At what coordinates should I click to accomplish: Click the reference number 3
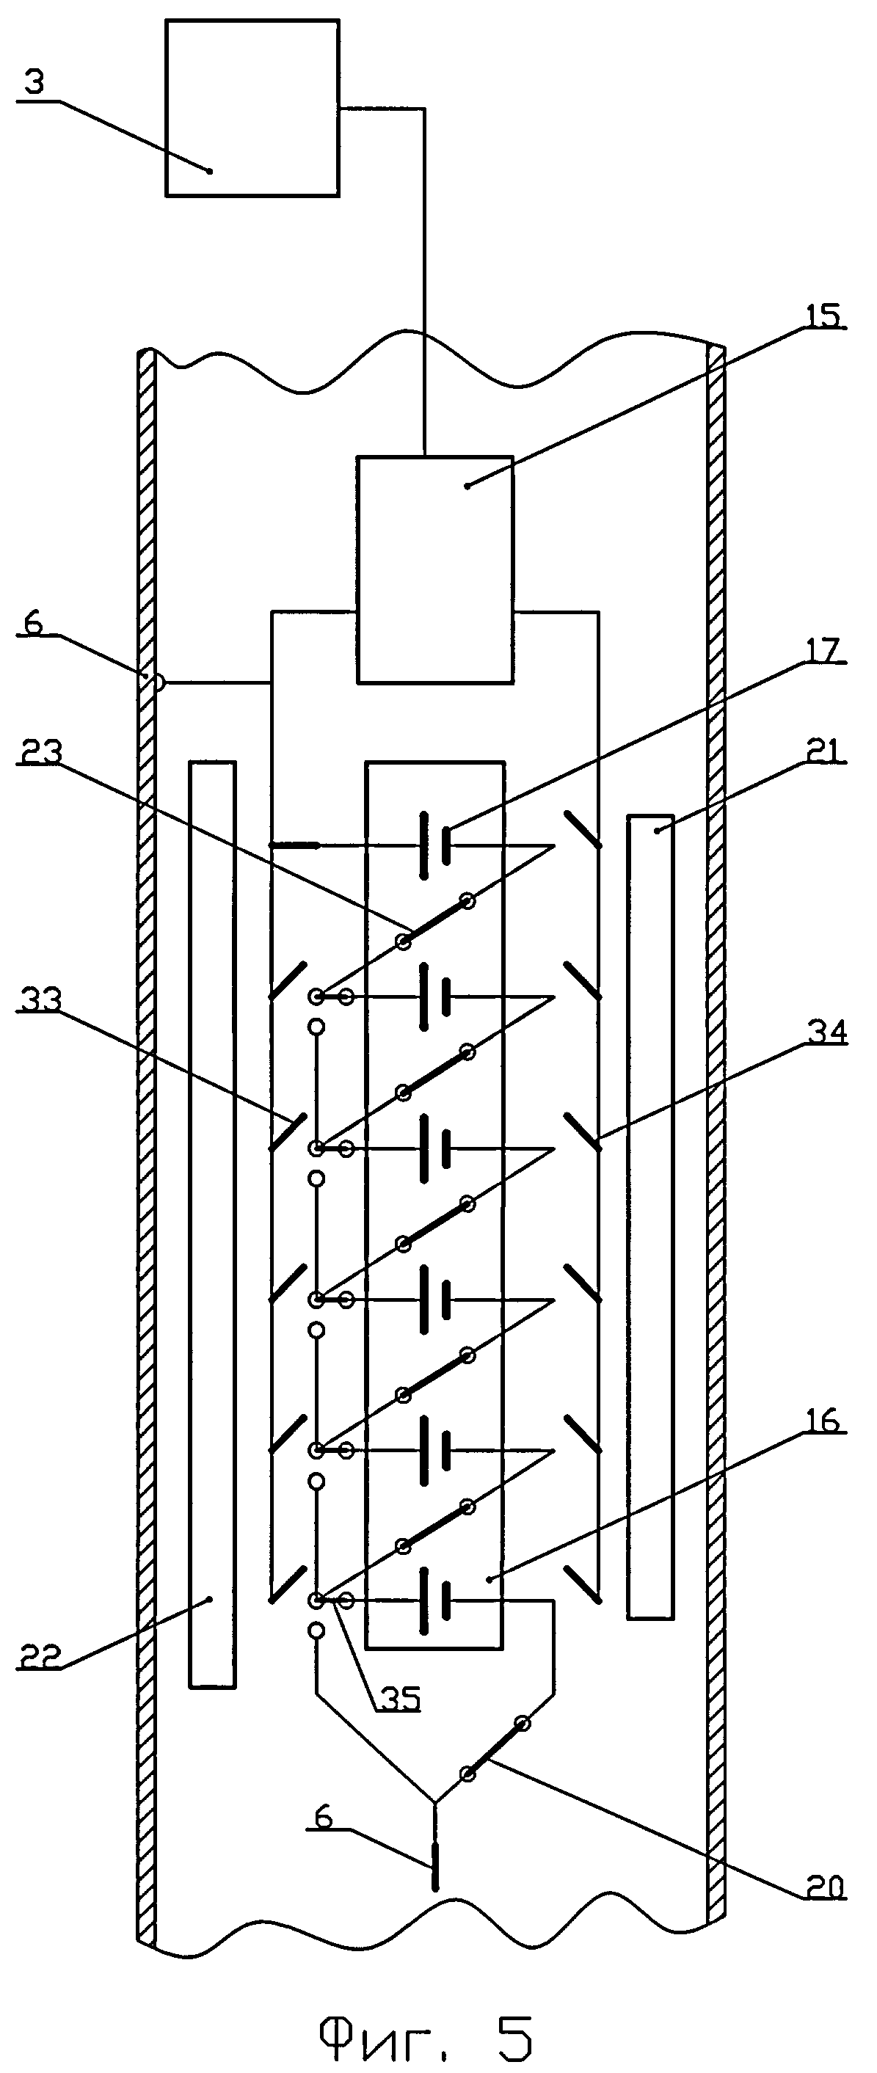(33, 84)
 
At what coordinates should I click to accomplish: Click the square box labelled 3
(252, 108)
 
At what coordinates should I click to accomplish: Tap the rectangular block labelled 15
(435, 569)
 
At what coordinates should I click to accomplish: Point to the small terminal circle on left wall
(159, 683)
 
